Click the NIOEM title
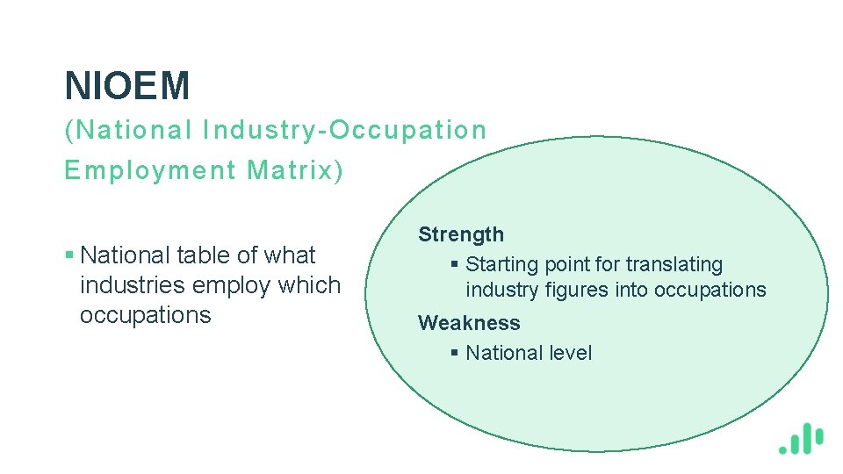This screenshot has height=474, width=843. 127,86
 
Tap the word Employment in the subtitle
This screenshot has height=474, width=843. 150,169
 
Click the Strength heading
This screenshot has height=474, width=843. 461,234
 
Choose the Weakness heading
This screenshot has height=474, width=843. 469,323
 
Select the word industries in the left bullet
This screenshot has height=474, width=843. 133,285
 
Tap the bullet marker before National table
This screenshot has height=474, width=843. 69,256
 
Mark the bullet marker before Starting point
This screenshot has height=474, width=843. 454,265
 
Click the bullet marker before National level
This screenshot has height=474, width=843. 454,353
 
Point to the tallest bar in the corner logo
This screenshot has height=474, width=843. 807,436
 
